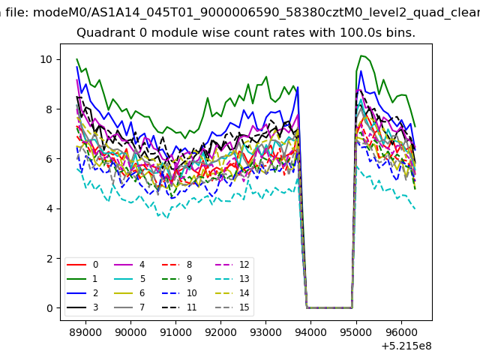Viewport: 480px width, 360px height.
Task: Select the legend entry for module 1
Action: pyautogui.click(x=82, y=279)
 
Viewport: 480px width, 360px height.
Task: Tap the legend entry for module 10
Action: pyautogui.click(x=179, y=293)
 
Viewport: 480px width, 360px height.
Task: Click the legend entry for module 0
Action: pyautogui.click(x=82, y=265)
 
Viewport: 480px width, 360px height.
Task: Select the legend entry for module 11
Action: pyautogui.click(x=179, y=307)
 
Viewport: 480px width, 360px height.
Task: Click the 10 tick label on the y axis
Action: pyautogui.click(x=46, y=59)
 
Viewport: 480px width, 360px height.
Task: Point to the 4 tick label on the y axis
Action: pyautogui.click(x=49, y=208)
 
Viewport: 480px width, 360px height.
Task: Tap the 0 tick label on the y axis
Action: pyautogui.click(x=49, y=308)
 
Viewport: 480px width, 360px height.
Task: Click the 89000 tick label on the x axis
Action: pyautogui.click(x=85, y=332)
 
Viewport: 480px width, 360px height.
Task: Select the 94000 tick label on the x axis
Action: pyautogui.click(x=310, y=332)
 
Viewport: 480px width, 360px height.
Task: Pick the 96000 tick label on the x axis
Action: pyautogui.click(x=401, y=332)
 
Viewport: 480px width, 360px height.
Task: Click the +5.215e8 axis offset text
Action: pyautogui.click(x=406, y=346)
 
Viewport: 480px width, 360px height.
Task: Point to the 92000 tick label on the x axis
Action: pyautogui.click(x=220, y=332)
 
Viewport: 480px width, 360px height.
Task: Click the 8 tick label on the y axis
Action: pyautogui.click(x=49, y=109)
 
